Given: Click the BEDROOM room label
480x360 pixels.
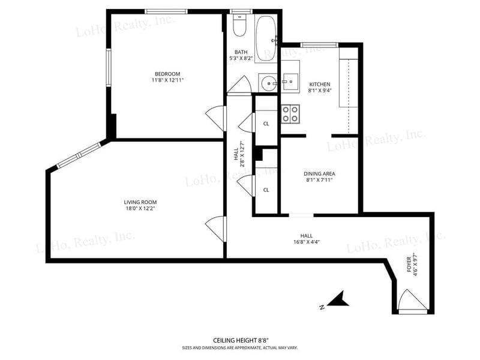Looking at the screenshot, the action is [x=167, y=74].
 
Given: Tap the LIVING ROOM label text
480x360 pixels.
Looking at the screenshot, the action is [x=140, y=202].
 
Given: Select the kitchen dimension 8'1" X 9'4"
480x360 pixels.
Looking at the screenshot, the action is [x=320, y=91].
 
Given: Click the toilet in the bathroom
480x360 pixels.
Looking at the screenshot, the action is [x=239, y=25].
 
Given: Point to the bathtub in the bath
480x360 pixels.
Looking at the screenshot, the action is [x=266, y=38].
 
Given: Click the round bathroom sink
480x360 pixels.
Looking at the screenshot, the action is [x=269, y=83].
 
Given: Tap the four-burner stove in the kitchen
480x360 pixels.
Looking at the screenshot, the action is [x=290, y=114].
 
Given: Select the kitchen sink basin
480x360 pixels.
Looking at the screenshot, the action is [x=290, y=82].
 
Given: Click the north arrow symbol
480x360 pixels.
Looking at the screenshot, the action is [x=338, y=299].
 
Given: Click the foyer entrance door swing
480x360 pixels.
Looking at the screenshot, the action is [x=412, y=299].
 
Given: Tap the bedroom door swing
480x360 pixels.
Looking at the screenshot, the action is [x=215, y=118].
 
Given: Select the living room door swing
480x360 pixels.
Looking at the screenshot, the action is [x=215, y=229].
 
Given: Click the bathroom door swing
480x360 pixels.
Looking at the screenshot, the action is [x=239, y=84].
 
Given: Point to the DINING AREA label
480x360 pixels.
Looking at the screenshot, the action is [x=319, y=173].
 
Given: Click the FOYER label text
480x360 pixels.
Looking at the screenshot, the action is [x=409, y=265].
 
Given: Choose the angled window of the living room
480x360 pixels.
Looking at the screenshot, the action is [x=79, y=155].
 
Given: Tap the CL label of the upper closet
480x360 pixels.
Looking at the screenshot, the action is [x=266, y=124].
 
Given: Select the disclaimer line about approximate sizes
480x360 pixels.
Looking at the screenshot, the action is [x=239, y=348].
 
